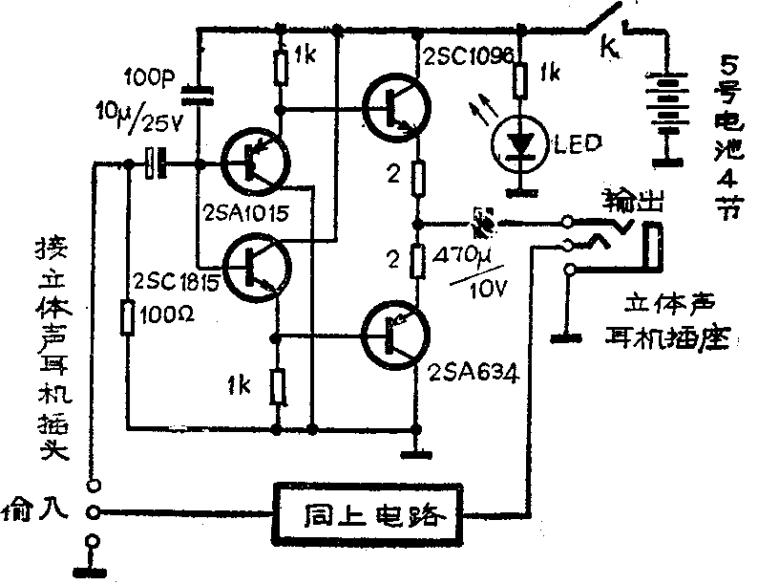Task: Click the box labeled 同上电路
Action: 372,516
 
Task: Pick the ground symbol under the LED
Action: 521,189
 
